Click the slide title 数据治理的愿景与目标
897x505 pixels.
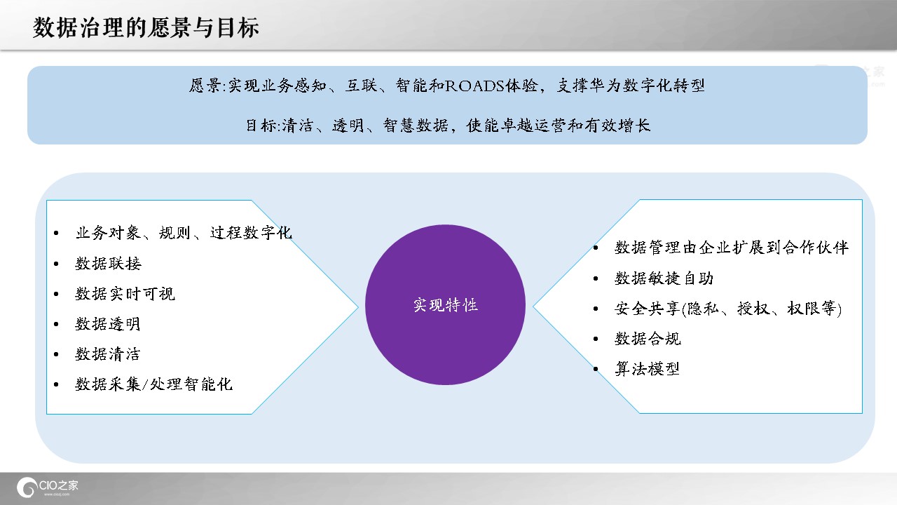tap(146, 27)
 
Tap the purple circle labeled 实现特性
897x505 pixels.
tap(445, 304)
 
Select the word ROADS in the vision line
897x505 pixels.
tap(474, 86)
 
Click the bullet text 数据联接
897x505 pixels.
tap(108, 264)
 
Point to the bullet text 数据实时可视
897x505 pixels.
tap(125, 294)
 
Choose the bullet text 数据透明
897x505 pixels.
tap(108, 324)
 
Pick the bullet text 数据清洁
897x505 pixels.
tap(108, 354)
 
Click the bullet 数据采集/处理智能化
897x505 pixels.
tap(153, 384)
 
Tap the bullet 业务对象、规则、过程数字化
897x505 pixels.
tap(184, 233)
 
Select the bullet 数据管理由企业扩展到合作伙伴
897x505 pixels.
tap(732, 248)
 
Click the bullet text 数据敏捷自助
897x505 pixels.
tap(664, 278)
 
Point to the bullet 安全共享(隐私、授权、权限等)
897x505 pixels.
tap(728, 309)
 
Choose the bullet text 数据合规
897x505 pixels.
tap(648, 339)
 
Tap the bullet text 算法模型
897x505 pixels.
tap(647, 369)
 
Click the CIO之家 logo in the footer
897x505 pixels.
tap(47, 487)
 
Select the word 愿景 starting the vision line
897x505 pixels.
tap(205, 86)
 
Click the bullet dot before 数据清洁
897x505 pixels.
tap(56, 354)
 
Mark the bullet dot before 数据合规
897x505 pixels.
tap(596, 339)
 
